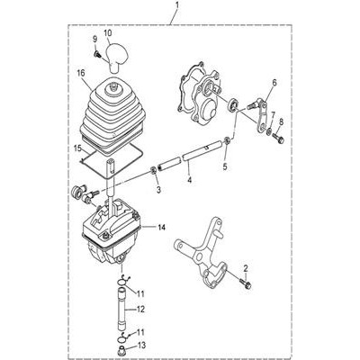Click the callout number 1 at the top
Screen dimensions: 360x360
(x=177, y=5)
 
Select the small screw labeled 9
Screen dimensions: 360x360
(x=97, y=54)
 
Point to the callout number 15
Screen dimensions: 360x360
(x=77, y=149)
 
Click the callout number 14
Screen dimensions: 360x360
(x=161, y=228)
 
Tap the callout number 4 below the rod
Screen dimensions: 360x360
(x=189, y=180)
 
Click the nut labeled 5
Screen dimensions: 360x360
(x=228, y=139)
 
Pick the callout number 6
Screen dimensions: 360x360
(x=274, y=82)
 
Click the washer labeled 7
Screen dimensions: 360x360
(x=269, y=131)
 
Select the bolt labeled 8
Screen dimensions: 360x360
(x=278, y=139)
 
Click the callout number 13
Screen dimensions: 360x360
(x=141, y=346)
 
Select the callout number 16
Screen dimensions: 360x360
(x=81, y=73)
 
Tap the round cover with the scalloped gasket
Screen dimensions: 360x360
(x=201, y=93)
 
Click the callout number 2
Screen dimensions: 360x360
(x=246, y=267)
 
